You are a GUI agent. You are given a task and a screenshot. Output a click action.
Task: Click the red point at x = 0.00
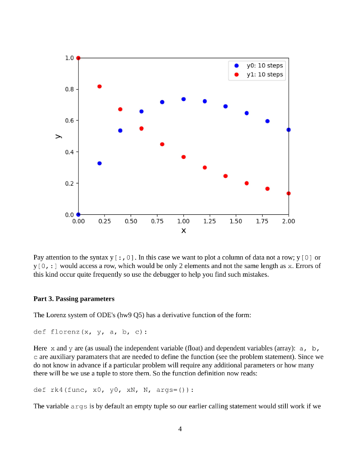click(x=78, y=58)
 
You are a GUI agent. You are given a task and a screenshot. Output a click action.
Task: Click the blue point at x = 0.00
click(x=78, y=214)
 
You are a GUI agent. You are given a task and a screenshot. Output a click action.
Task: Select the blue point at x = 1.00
click(x=183, y=99)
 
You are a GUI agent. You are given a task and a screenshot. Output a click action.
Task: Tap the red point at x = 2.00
click(x=289, y=193)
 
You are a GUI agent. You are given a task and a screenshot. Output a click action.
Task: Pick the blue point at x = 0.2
click(x=99, y=163)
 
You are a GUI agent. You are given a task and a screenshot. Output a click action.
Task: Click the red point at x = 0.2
click(x=99, y=86)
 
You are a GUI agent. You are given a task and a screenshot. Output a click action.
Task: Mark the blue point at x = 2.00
click(x=289, y=130)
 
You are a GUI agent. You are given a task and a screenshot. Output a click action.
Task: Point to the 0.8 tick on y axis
click(x=69, y=89)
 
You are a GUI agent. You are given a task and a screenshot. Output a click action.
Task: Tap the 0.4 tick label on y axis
click(x=69, y=152)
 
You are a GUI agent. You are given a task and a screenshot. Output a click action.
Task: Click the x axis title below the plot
click(x=183, y=231)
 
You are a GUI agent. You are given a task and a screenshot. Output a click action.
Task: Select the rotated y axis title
click(x=57, y=136)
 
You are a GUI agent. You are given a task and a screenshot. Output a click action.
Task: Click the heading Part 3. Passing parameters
click(x=74, y=299)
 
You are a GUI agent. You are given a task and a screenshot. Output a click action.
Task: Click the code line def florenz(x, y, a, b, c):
click(x=90, y=332)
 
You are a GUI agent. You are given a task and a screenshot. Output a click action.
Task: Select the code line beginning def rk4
click(x=114, y=390)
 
